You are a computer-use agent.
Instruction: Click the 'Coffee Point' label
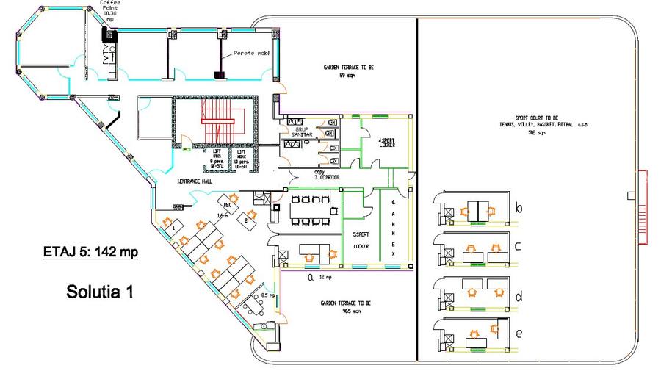110,7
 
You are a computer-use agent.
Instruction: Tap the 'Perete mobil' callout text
252,54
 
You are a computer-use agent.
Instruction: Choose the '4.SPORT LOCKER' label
386,142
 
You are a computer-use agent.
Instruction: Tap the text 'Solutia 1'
100,291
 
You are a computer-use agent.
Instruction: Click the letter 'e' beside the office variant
519,334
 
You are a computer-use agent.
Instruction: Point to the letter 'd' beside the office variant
519,298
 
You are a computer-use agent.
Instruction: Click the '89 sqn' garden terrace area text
342,75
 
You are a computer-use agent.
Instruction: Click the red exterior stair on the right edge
643,206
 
